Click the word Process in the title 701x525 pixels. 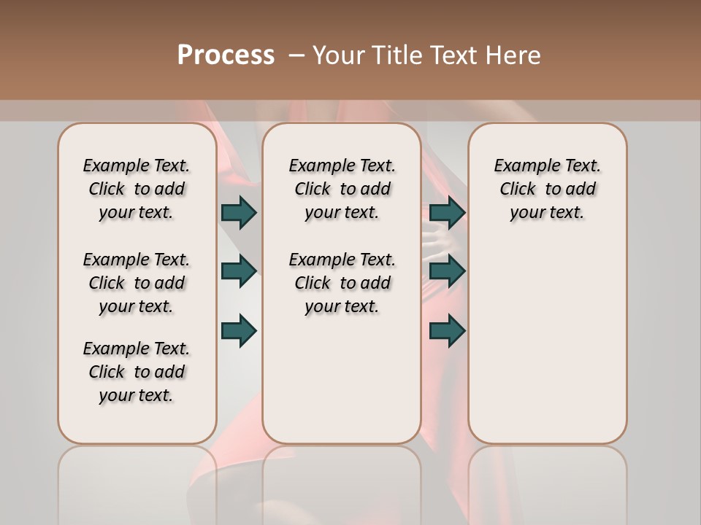[226, 55]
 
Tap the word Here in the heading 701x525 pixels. [513, 55]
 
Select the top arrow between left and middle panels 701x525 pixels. [239, 212]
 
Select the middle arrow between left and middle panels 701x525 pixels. [239, 271]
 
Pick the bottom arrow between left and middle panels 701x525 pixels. [239, 330]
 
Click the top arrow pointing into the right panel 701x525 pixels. [447, 212]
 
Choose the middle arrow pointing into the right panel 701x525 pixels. [447, 271]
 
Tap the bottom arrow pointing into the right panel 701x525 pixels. [447, 330]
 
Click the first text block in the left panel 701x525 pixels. [137, 189]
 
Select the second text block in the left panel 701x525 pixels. [137, 283]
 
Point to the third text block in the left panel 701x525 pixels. [137, 372]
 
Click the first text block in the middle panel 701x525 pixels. [342, 189]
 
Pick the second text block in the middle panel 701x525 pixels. [342, 283]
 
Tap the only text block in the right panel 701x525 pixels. [548, 189]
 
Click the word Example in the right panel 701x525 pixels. [522, 166]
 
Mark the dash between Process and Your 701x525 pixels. [296, 55]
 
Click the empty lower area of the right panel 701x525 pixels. [548, 350]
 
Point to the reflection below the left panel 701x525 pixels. [137, 481]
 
